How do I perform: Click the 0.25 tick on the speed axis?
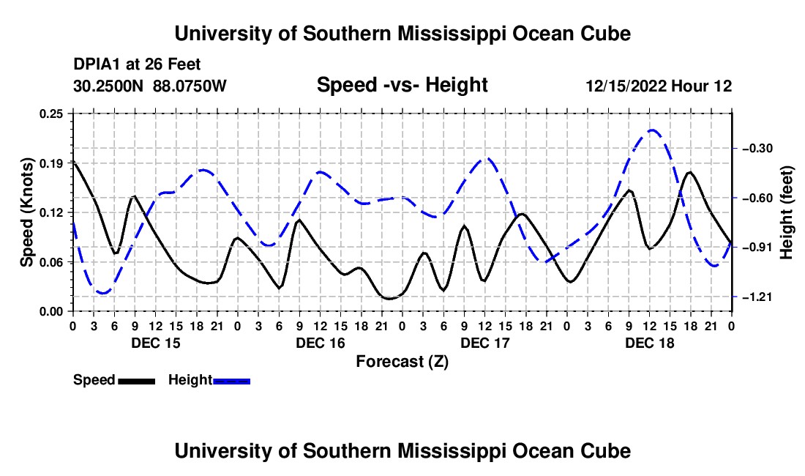50,114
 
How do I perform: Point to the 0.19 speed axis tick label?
50,163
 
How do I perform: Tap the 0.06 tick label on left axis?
50,262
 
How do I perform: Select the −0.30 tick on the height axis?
757,149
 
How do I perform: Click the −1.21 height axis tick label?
757,297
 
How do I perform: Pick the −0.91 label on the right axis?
757,248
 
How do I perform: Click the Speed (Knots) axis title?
26,212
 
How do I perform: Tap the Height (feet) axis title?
786,212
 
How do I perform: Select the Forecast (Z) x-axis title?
402,362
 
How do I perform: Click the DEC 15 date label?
156,343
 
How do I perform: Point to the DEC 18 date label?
649,343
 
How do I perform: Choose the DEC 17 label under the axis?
485,343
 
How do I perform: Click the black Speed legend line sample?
137,381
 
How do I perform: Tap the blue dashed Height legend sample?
231,381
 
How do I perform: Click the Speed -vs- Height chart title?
402,85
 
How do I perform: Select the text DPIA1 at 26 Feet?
137,64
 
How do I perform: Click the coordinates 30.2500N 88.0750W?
149,86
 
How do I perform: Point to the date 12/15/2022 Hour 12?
659,86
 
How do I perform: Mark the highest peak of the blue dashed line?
651,130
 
